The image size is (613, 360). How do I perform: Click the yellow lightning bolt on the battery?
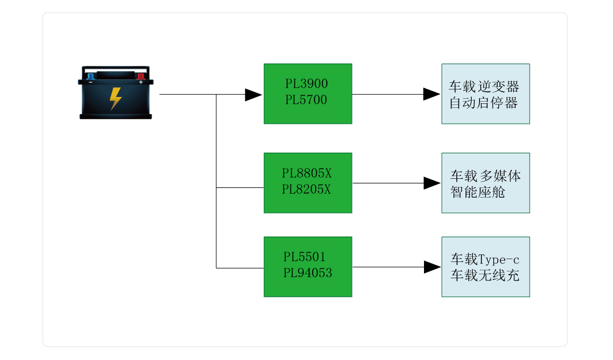pos(115,98)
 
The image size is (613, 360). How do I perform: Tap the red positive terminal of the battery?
pos(140,76)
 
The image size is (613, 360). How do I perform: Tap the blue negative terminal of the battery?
pos(90,76)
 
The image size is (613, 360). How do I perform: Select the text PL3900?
pos(306,84)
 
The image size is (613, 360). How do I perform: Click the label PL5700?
pos(306,100)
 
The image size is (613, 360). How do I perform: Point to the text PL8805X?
pos(306,173)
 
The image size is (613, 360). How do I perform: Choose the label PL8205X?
pos(306,189)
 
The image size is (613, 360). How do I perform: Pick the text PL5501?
pos(305,257)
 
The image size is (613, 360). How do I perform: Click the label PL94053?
pos(308,273)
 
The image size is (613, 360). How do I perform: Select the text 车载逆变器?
pos(484,87)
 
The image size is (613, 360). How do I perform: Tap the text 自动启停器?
pos(484,103)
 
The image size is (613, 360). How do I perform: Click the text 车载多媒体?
pos(485,175)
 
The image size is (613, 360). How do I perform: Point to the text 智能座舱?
pos(478,192)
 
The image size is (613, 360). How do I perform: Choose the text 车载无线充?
pos(485,276)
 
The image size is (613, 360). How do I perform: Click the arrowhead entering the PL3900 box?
pos(253,95)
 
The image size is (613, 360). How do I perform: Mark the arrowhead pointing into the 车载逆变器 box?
pos(431,94)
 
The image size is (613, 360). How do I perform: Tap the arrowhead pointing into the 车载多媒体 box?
pos(431,183)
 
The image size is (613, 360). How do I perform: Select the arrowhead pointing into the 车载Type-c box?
pos(431,267)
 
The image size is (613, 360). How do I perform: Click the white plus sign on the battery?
pos(141,82)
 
